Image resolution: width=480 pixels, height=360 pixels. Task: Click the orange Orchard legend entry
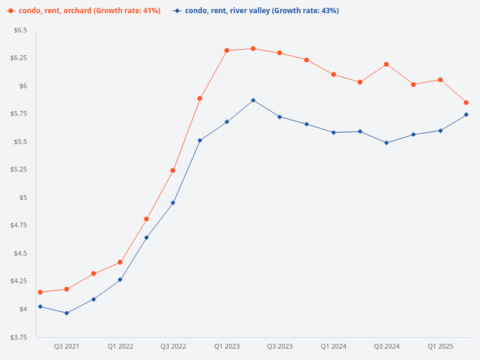(84, 11)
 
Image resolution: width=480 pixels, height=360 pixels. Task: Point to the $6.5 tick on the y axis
(20, 30)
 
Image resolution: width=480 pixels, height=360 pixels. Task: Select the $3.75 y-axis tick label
(19, 337)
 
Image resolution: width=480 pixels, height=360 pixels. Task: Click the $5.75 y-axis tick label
(19, 114)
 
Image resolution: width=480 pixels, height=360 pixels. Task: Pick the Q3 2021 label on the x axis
(67, 347)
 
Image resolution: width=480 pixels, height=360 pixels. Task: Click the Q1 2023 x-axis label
(227, 347)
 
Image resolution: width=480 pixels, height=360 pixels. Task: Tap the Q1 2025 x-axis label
(440, 347)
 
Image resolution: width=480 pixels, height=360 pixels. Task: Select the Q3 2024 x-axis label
(386, 347)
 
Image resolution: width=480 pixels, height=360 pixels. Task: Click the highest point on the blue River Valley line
(253, 100)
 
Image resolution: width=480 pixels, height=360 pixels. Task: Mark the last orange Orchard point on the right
(466, 103)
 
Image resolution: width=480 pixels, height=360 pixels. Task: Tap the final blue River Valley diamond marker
(466, 115)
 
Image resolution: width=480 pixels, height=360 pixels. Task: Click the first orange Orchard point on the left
(40, 292)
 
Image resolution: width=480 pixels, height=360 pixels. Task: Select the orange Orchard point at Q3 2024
(386, 64)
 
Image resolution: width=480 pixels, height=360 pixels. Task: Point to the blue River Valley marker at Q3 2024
(386, 143)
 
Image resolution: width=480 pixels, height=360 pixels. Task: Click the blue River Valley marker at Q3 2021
(67, 313)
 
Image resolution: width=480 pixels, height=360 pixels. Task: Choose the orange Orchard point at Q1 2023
(227, 50)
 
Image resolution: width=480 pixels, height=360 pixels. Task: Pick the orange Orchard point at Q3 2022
(173, 170)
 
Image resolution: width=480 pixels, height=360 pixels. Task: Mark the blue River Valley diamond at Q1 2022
(120, 280)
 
